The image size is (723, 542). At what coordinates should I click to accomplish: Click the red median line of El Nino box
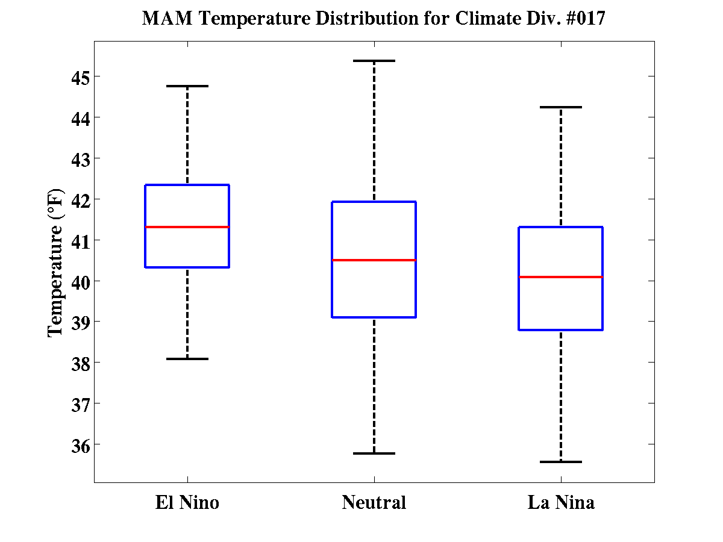point(187,227)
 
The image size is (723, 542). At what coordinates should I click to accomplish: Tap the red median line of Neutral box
point(374,260)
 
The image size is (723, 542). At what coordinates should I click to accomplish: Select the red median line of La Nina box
point(561,277)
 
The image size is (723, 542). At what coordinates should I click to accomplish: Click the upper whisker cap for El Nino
point(187,86)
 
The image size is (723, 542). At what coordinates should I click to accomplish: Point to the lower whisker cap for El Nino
point(187,359)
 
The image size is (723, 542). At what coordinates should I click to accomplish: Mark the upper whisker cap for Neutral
point(374,61)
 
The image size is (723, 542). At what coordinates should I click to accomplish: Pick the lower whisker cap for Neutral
point(374,453)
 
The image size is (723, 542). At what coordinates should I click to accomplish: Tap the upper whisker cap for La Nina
point(561,107)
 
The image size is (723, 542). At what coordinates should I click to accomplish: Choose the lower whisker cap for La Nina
point(561,462)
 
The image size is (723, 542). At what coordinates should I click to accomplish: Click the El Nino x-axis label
point(187,502)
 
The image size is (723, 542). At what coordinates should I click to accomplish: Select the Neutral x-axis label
point(374,502)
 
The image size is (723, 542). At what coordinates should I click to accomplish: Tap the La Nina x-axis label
point(561,502)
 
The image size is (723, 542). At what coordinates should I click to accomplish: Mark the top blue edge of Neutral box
point(374,202)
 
